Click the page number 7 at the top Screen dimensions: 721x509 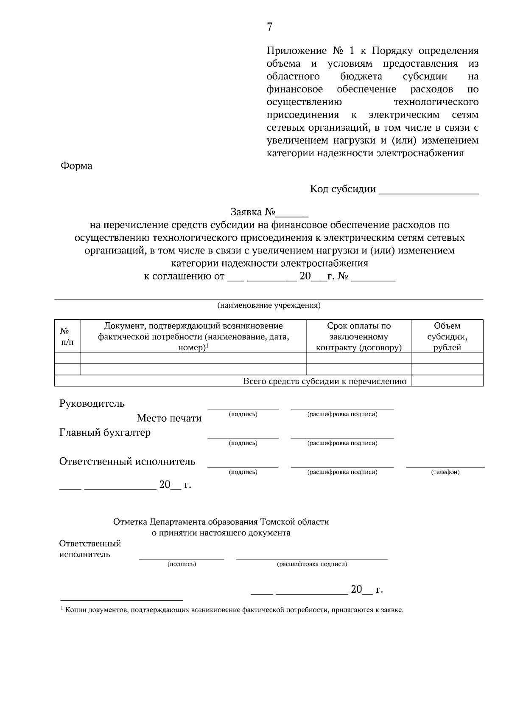coord(270,27)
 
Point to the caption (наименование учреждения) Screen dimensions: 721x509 coord(269,305)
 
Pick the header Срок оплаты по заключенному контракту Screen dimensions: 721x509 coord(359,336)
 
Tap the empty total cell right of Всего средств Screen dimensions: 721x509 coord(447,381)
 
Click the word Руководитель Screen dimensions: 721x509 coord(92,403)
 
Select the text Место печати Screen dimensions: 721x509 coord(169,418)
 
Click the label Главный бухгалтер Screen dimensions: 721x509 coord(105,433)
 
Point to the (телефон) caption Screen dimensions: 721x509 coord(445,472)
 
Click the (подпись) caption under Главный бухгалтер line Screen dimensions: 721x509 coord(243,443)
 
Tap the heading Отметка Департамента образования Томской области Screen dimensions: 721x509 coord(221,522)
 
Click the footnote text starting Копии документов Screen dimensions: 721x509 coord(233,611)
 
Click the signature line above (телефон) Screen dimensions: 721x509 coord(445,466)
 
